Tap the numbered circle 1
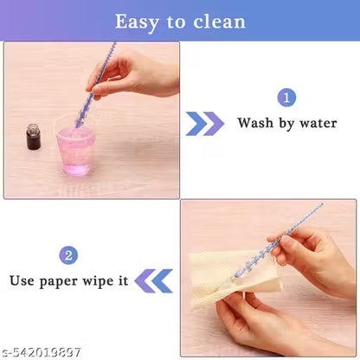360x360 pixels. (286, 98)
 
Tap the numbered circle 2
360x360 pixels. (69, 255)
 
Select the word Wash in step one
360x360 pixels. (256, 123)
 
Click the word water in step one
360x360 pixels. (318, 123)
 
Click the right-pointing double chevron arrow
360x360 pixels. (205, 124)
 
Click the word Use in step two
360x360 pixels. (24, 280)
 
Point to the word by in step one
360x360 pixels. (287, 123)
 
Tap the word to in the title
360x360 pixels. (177, 21)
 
